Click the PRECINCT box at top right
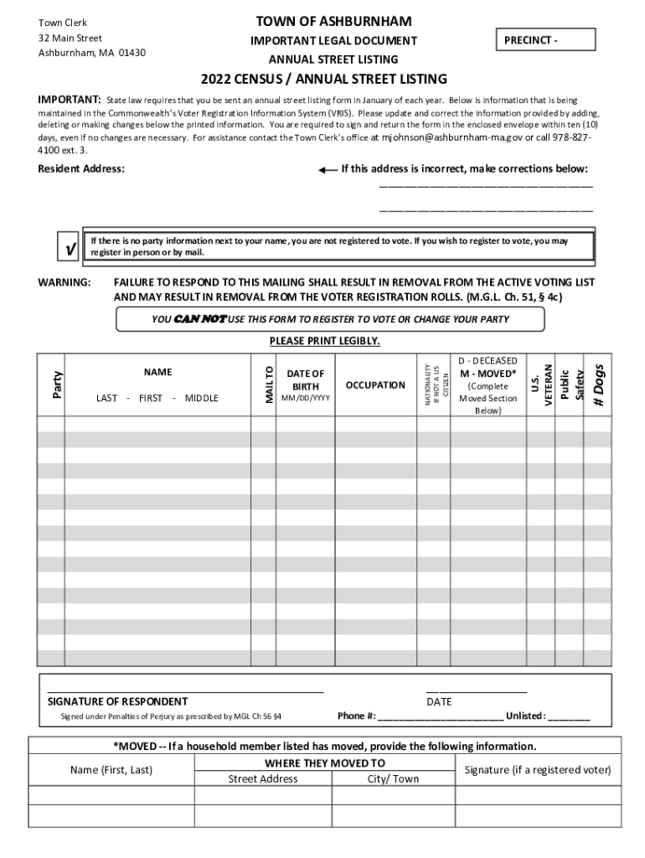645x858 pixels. click(545, 40)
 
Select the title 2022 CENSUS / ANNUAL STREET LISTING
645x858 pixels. click(323, 80)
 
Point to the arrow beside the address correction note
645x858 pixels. click(328, 169)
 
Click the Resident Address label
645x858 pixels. click(81, 169)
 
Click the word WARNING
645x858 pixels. click(64, 283)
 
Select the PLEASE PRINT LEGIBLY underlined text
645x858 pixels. click(324, 341)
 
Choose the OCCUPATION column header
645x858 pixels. click(375, 385)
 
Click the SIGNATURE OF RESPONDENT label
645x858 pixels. click(117, 701)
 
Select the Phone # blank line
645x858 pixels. click(441, 718)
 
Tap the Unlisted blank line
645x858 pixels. click(569, 718)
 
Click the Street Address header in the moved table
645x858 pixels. click(263, 778)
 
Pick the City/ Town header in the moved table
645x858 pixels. click(393, 778)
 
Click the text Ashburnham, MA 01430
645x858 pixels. click(92, 53)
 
